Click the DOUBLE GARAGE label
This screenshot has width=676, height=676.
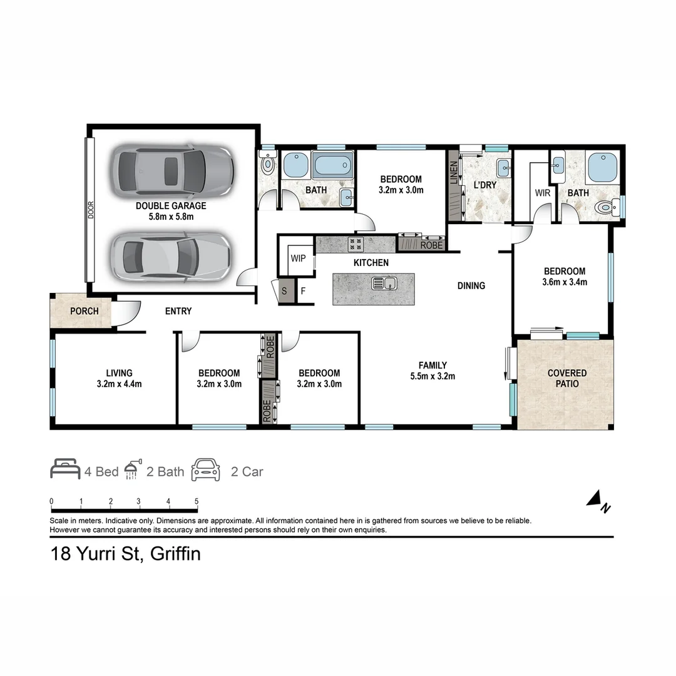tap(171, 205)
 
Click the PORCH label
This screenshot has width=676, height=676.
tap(84, 311)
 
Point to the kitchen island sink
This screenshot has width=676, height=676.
tap(384, 283)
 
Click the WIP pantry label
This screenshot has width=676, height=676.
tap(298, 258)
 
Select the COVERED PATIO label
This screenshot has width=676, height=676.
tap(567, 378)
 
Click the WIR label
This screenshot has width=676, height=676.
tap(543, 193)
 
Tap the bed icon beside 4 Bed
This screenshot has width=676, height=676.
tap(65, 469)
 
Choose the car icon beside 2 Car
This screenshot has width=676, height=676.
tap(206, 469)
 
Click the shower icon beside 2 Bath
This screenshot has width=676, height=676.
tap(131, 470)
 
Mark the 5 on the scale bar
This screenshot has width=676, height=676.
tap(197, 501)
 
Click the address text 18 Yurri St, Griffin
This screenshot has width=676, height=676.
tap(125, 554)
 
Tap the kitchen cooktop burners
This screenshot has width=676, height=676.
tap(356, 243)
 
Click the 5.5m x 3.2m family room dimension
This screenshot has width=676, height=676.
tap(433, 376)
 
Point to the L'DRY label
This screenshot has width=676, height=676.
tap(484, 185)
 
